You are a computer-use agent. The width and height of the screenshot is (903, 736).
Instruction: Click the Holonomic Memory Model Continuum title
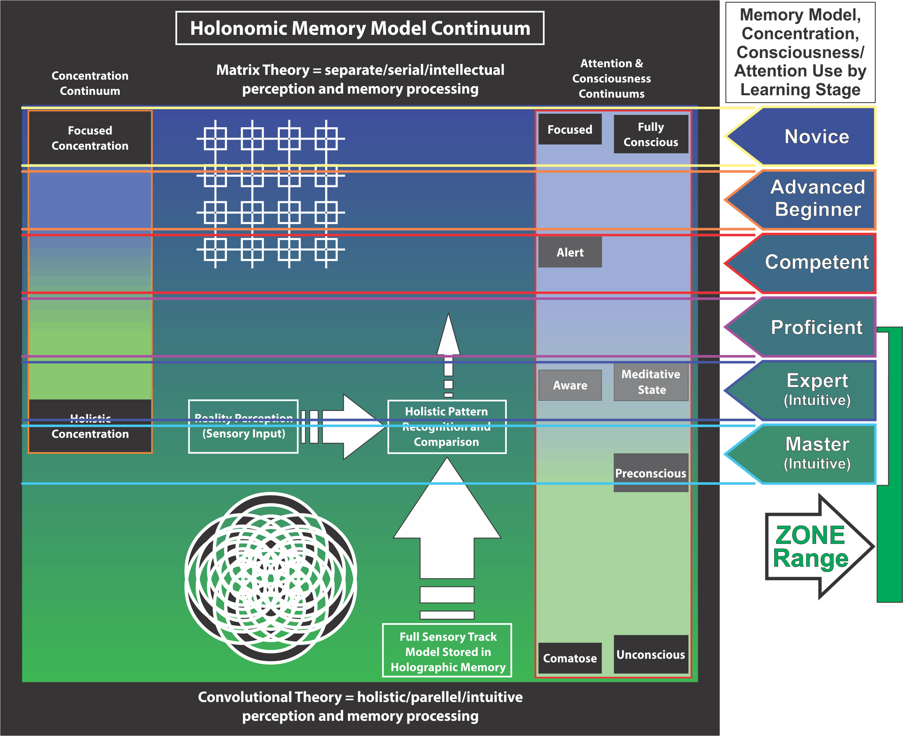[360, 28]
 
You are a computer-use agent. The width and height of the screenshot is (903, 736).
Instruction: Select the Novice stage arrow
[801, 136]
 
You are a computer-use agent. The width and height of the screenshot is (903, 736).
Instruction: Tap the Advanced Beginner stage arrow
[801, 200]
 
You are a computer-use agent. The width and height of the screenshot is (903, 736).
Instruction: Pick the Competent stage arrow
[801, 263]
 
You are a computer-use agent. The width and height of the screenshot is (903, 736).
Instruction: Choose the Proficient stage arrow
[801, 327]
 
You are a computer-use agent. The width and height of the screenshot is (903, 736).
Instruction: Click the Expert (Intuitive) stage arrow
[801, 391]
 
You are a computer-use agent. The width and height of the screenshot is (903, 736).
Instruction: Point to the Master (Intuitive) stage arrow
[801, 454]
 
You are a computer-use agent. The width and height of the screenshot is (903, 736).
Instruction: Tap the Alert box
[570, 252]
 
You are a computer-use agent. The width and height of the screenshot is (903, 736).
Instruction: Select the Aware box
[570, 385]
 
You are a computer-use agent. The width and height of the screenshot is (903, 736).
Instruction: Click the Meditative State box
[651, 382]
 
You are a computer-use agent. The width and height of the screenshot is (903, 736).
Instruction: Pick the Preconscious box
[651, 473]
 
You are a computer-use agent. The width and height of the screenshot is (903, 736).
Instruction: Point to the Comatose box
[570, 658]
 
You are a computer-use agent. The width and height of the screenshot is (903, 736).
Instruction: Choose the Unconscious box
[651, 654]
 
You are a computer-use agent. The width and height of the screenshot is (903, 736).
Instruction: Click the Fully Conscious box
[651, 134]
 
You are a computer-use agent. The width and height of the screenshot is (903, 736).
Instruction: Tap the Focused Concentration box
[90, 138]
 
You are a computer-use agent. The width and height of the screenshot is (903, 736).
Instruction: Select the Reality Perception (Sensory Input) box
[243, 427]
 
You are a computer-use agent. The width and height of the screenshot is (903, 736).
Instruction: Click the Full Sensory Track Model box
[447, 651]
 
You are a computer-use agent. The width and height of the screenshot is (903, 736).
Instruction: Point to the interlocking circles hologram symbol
[271, 578]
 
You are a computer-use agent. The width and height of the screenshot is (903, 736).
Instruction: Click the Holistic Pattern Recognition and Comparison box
[447, 427]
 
